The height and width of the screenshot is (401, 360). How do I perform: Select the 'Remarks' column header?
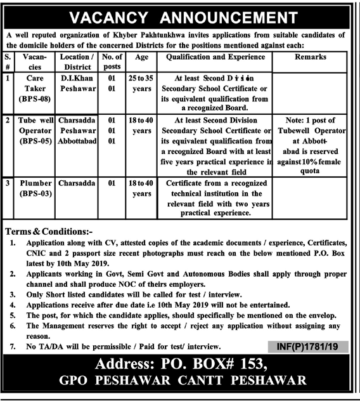pyautogui.click(x=311, y=57)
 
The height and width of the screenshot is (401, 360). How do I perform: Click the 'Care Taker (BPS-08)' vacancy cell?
pyautogui.click(x=31, y=91)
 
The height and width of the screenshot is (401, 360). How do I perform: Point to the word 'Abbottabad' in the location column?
pyautogui.click(x=77, y=140)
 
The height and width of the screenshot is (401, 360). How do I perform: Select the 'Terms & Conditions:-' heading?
pyautogui.click(x=48, y=232)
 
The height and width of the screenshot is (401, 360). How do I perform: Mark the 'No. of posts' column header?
pyautogui.click(x=112, y=62)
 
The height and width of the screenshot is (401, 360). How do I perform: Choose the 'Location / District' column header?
pyautogui.click(x=77, y=62)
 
